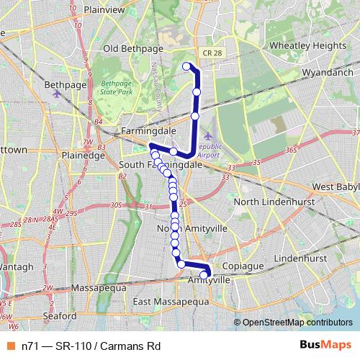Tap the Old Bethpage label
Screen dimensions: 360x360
pos(130,49)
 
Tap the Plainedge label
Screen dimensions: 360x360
pos(85,154)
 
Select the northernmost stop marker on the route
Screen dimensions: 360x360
pos(186,67)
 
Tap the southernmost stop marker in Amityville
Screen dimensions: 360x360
pos(204,274)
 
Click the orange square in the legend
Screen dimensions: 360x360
pos(12,344)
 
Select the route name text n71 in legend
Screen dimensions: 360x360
pos(30,344)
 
